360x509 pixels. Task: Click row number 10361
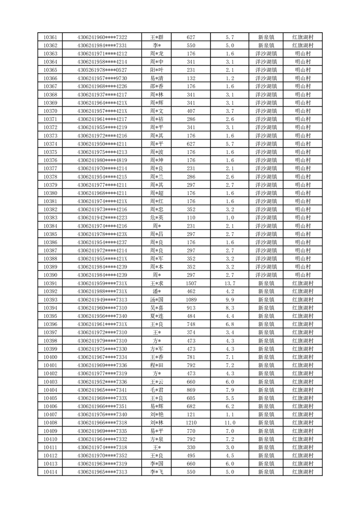(x=50, y=37)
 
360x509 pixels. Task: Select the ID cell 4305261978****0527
(x=102, y=70)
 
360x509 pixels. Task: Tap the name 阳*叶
(x=157, y=70)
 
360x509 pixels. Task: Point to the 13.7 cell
(x=229, y=283)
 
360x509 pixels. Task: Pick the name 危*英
(x=157, y=217)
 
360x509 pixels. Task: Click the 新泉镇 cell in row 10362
(x=266, y=45)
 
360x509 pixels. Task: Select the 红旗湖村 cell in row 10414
(x=302, y=472)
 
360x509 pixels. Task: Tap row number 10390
(x=50, y=275)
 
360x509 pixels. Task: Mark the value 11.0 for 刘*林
(x=229, y=422)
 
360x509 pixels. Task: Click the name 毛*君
(x=157, y=390)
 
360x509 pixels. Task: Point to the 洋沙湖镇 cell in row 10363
(x=266, y=54)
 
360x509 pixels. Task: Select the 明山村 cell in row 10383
(x=302, y=217)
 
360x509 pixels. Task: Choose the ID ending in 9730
(x=102, y=78)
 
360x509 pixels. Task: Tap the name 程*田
(x=157, y=365)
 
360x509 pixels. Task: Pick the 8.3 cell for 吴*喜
(x=229, y=308)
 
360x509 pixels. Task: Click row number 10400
(x=50, y=357)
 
